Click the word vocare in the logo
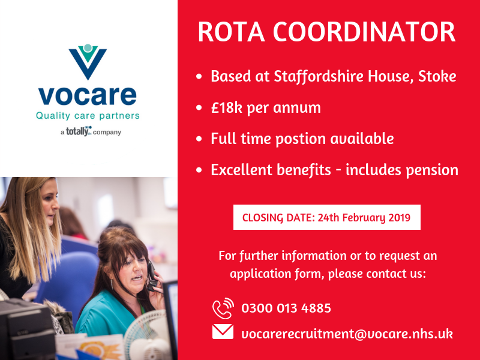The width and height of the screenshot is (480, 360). [87, 95]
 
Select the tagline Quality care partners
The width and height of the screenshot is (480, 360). [88, 115]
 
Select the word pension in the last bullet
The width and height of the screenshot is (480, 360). [429, 170]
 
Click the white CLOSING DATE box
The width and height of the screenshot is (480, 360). [326, 217]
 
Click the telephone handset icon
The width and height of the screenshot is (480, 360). [223, 309]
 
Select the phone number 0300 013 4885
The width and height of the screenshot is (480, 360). [286, 309]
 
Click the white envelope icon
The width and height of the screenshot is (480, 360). [223, 332]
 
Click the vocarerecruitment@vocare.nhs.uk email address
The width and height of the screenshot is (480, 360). [347, 334]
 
